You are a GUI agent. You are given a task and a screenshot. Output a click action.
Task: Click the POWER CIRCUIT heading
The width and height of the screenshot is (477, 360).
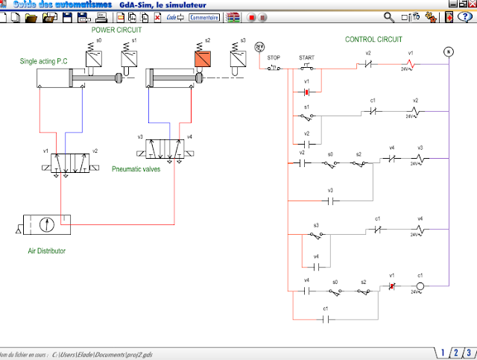pyautogui.click(x=116, y=31)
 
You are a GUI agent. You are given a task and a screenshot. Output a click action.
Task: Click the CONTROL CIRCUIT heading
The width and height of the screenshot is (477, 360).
pyautogui.click(x=373, y=39)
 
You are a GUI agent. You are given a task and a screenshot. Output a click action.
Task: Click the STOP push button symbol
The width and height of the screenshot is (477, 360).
pyautogui.click(x=274, y=68)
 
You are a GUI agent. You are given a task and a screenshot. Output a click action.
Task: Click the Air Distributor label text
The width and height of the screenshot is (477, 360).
pyautogui.click(x=42, y=251)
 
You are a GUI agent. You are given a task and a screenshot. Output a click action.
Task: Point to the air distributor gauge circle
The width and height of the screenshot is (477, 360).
pyautogui.click(x=47, y=223)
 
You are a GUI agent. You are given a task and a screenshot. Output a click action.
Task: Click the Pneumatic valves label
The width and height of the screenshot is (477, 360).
pyautogui.click(x=136, y=169)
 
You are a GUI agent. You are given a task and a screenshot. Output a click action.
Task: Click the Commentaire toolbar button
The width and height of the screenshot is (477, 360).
pyautogui.click(x=205, y=16)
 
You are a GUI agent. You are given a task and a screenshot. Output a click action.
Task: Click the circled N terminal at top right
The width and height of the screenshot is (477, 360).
pyautogui.click(x=449, y=51)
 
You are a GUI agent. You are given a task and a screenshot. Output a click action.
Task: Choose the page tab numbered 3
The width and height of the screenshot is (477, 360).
pyautogui.click(x=468, y=353)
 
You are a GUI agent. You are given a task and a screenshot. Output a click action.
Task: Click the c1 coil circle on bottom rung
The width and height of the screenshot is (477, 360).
pyautogui.click(x=420, y=286)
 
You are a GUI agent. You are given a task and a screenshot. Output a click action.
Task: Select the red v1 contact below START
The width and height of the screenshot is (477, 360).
pyautogui.click(x=306, y=92)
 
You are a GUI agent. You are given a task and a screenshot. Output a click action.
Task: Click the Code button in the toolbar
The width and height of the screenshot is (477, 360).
pyautogui.click(x=174, y=16)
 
